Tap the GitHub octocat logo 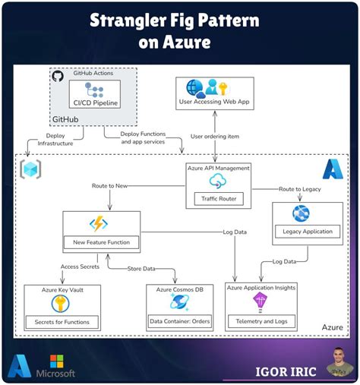(x=57, y=76)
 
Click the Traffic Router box (x=217, y=200)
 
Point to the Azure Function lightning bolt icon (x=99, y=224)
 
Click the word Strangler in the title (x=131, y=20)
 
